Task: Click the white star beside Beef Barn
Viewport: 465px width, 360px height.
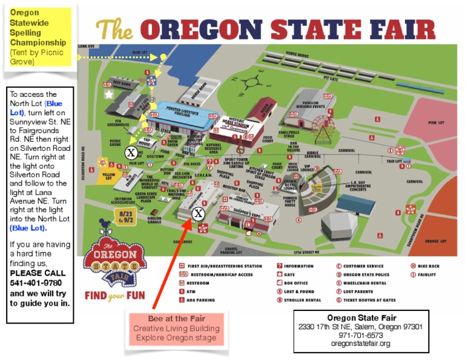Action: pos(109,95)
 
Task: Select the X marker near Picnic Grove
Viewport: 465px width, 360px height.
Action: pos(131,153)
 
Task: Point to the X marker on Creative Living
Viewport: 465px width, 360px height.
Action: pos(197,213)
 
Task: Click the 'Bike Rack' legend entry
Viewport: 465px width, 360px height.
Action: pos(428,266)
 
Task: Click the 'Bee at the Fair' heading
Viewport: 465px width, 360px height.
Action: pos(177,318)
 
